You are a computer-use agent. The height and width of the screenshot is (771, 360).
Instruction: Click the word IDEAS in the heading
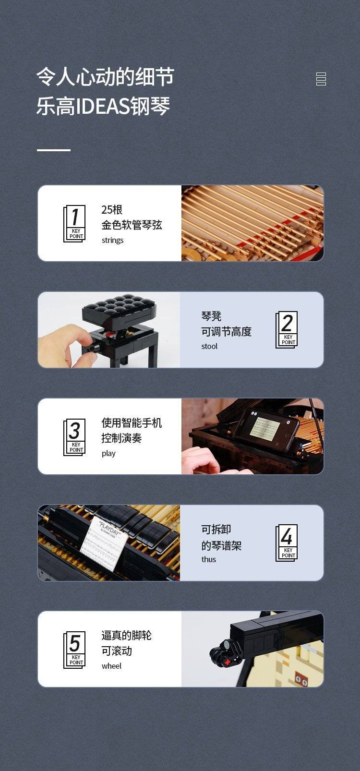point(103,106)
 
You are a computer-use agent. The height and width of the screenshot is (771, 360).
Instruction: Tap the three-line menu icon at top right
point(321,79)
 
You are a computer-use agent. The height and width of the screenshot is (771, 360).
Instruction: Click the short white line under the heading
point(54,150)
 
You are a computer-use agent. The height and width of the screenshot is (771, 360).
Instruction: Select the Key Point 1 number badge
point(74,223)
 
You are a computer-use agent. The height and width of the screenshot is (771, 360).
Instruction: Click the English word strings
point(112,240)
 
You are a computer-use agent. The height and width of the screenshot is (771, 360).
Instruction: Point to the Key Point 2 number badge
point(287,330)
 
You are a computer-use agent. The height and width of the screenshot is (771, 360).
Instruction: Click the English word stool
point(209,346)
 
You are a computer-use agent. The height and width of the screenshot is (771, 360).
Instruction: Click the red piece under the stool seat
point(111,335)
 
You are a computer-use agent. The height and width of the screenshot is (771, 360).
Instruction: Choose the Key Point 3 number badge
point(74,437)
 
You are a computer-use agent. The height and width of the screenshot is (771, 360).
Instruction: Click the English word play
point(108,453)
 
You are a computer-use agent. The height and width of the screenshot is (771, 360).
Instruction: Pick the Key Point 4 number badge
point(287,543)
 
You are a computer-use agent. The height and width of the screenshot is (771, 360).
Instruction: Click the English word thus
point(209,559)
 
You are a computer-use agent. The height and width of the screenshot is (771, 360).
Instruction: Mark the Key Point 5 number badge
point(74,650)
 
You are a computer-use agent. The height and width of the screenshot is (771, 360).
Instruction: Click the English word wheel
point(111,666)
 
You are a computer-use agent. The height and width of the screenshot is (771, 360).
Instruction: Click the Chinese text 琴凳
point(211,315)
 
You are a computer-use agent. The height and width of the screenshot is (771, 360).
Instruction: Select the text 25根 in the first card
point(112,209)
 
